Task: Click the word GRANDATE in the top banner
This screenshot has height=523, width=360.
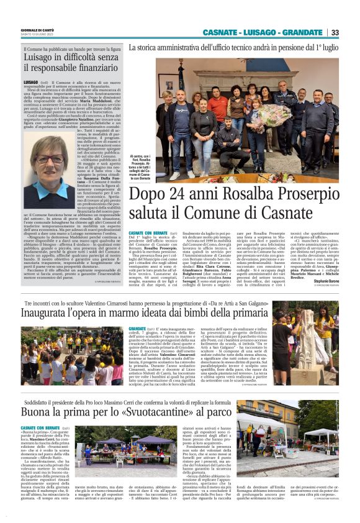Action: [x=302, y=32]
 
